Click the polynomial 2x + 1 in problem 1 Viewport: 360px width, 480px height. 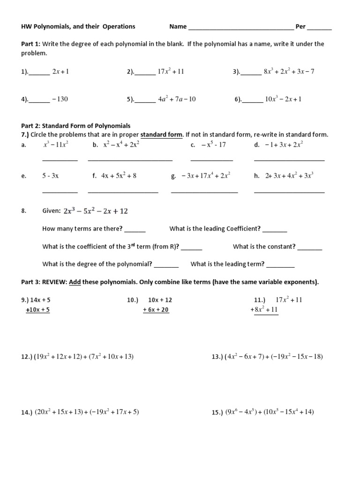click(61, 71)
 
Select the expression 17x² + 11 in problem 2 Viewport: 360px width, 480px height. click(171, 71)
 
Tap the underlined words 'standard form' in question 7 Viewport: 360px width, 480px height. click(161, 135)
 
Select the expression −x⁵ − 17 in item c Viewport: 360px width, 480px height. click(214, 144)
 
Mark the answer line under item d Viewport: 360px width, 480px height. click(289, 160)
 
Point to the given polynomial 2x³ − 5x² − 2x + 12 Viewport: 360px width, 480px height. click(95, 211)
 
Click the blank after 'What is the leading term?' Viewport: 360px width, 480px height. click(280, 267)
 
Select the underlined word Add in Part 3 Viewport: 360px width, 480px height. click(75, 282)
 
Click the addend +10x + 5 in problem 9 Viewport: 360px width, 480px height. click(38, 309)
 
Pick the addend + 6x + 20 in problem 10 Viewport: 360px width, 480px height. click(156, 309)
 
